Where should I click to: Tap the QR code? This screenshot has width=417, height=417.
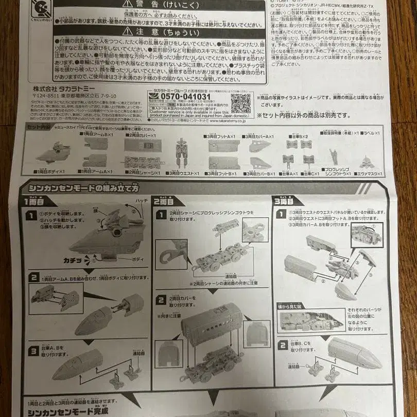pos(240,103)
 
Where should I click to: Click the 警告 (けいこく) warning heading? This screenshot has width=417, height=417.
pos(160,5)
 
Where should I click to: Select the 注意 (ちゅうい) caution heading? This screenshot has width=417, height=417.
pos(160,32)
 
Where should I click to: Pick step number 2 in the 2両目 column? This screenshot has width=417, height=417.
pos(161,300)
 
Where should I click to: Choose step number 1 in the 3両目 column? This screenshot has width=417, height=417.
pos(283,214)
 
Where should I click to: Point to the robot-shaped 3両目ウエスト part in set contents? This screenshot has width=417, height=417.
pos(182,153)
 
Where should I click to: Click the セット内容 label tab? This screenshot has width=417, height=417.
pos(39,127)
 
